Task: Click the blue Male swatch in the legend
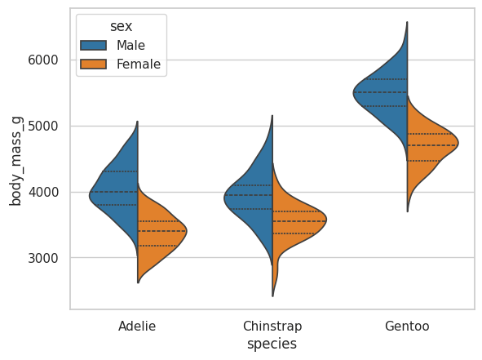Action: click(94, 45)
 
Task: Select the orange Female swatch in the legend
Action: click(94, 64)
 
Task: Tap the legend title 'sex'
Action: click(122, 26)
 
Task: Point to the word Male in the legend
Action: click(130, 45)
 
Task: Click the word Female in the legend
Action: click(139, 64)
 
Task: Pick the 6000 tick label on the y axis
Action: click(42, 60)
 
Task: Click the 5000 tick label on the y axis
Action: click(42, 127)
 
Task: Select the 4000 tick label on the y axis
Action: click(42, 193)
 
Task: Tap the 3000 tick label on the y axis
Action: click(42, 258)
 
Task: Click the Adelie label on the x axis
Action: click(137, 327)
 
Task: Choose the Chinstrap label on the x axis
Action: click(272, 327)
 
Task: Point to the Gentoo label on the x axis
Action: click(407, 327)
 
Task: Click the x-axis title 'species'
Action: click(272, 344)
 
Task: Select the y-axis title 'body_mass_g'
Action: click(15, 161)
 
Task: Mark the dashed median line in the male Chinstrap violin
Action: click(249, 195)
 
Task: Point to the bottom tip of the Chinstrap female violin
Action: click(273, 296)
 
